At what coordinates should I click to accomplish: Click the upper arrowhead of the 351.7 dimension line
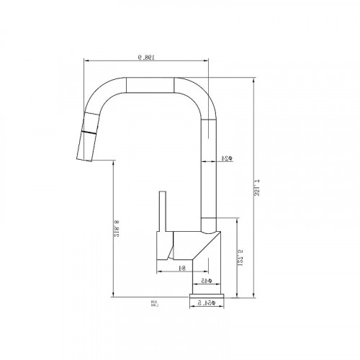point(257,81)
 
